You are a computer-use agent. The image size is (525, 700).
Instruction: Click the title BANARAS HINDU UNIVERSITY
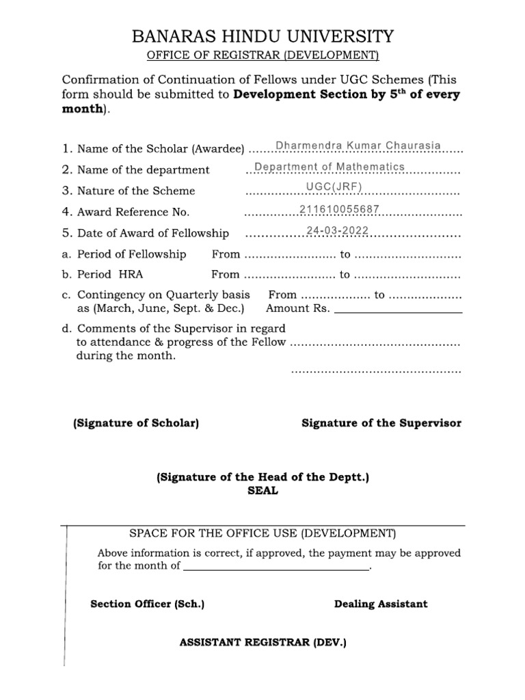click(262, 36)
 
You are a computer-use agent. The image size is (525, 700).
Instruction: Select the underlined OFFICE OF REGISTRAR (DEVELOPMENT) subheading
click(262, 55)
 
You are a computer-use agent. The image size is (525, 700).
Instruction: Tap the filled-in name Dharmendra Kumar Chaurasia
click(358, 146)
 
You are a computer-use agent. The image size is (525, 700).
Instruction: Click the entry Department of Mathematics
click(329, 167)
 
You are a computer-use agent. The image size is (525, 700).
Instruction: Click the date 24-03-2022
click(338, 231)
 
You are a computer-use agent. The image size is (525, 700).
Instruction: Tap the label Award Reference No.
click(133, 213)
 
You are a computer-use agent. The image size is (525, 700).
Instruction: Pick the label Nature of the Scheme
click(136, 191)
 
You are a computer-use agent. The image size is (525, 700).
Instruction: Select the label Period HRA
click(110, 275)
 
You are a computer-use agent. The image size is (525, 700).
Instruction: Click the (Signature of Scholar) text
click(136, 424)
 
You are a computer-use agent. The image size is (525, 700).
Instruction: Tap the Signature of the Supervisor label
click(381, 424)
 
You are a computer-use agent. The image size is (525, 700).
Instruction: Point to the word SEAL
click(262, 492)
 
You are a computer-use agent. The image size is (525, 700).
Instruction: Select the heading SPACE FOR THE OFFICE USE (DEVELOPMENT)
click(262, 533)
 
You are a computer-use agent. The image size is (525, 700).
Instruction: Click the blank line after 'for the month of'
click(276, 567)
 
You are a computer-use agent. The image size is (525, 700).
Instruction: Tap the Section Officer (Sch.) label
click(148, 604)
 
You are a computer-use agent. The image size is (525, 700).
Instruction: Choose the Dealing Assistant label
click(381, 604)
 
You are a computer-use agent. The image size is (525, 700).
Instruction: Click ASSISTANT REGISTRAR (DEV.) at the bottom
click(262, 643)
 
